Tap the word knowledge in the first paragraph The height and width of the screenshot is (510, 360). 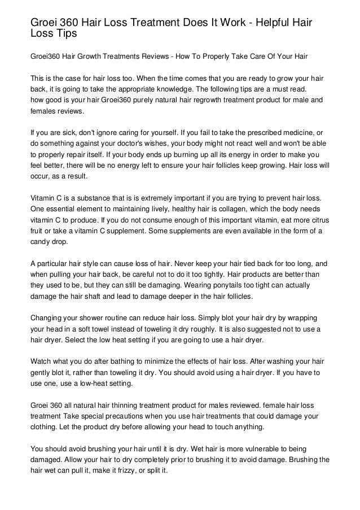click(x=206, y=89)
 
